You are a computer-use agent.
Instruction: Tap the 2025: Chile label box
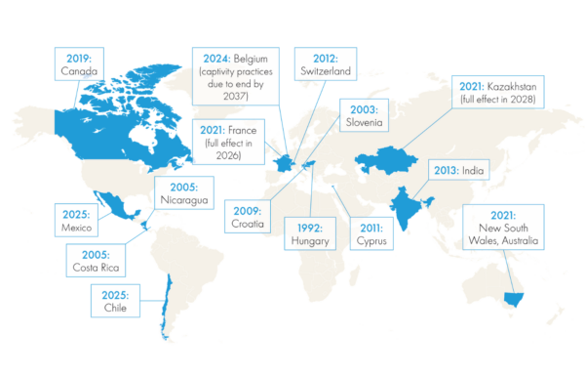tap(115, 299)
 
